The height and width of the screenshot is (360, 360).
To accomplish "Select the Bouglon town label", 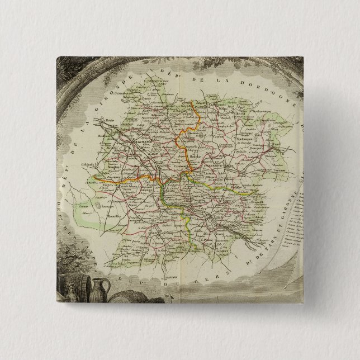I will (120, 167).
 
